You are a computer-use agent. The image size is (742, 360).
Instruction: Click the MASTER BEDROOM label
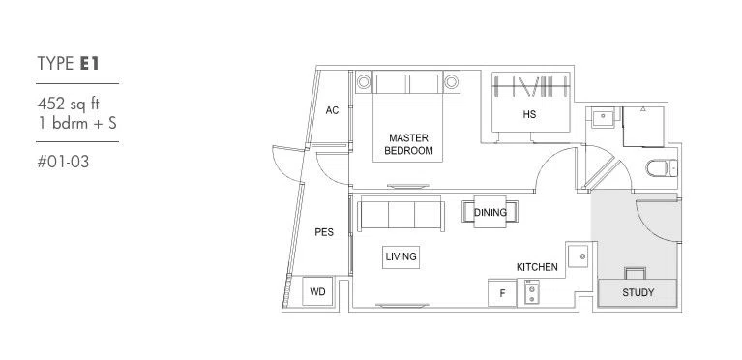tap(408, 144)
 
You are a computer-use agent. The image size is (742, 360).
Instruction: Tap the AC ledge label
tap(332, 110)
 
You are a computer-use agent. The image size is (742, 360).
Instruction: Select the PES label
tap(324, 232)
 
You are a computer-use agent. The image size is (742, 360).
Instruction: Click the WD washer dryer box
tap(317, 292)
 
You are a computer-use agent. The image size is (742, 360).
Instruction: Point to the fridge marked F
tap(502, 293)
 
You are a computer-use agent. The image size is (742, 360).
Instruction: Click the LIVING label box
tap(401, 256)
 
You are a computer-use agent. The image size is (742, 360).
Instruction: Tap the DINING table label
tap(490, 212)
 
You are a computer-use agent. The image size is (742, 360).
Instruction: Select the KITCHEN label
tap(537, 267)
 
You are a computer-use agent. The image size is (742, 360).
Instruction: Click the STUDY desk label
tap(638, 292)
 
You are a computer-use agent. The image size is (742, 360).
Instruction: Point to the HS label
tap(529, 114)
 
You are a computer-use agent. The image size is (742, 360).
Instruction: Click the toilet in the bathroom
tap(662, 167)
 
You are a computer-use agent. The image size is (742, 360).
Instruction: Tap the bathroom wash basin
tap(603, 117)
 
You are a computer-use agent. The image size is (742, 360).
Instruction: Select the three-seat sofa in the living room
tap(401, 215)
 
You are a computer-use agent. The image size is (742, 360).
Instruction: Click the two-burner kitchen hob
tap(531, 293)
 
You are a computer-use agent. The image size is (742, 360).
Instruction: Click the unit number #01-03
tap(63, 162)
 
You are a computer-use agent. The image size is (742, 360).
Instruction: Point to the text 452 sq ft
tap(68, 104)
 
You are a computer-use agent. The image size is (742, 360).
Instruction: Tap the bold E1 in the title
tap(89, 64)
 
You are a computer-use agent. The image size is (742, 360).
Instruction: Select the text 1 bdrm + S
tap(76, 123)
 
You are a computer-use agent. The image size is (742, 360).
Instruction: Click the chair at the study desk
tap(635, 273)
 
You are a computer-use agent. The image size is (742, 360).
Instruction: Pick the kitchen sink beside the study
tap(579, 255)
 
